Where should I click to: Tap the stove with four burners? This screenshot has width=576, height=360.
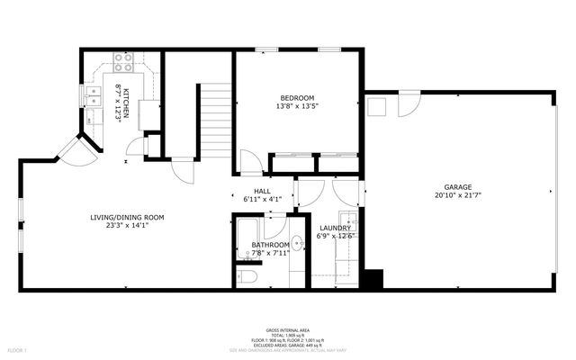point(123,63)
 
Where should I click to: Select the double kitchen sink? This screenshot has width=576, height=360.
point(91,97)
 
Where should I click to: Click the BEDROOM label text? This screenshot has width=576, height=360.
point(297,97)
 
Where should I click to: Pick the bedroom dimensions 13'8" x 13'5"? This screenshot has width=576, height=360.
point(297,106)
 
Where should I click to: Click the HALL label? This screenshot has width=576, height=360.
point(262,191)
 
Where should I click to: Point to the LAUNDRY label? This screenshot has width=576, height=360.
point(334,228)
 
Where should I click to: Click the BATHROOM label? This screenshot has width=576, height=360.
point(270,245)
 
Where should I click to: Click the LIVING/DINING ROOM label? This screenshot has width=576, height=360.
point(126,217)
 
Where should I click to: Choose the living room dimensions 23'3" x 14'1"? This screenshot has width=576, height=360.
point(126,226)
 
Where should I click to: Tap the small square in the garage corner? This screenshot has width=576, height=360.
point(375,107)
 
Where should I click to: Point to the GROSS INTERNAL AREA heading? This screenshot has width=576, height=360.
point(288,328)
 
